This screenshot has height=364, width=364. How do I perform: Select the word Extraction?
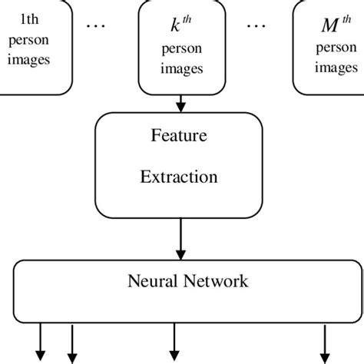click(x=178, y=177)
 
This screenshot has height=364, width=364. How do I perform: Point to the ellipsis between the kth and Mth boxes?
click(x=255, y=25)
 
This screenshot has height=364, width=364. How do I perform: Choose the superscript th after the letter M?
click(x=338, y=22)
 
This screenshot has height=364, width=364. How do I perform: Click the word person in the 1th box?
click(x=28, y=42)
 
